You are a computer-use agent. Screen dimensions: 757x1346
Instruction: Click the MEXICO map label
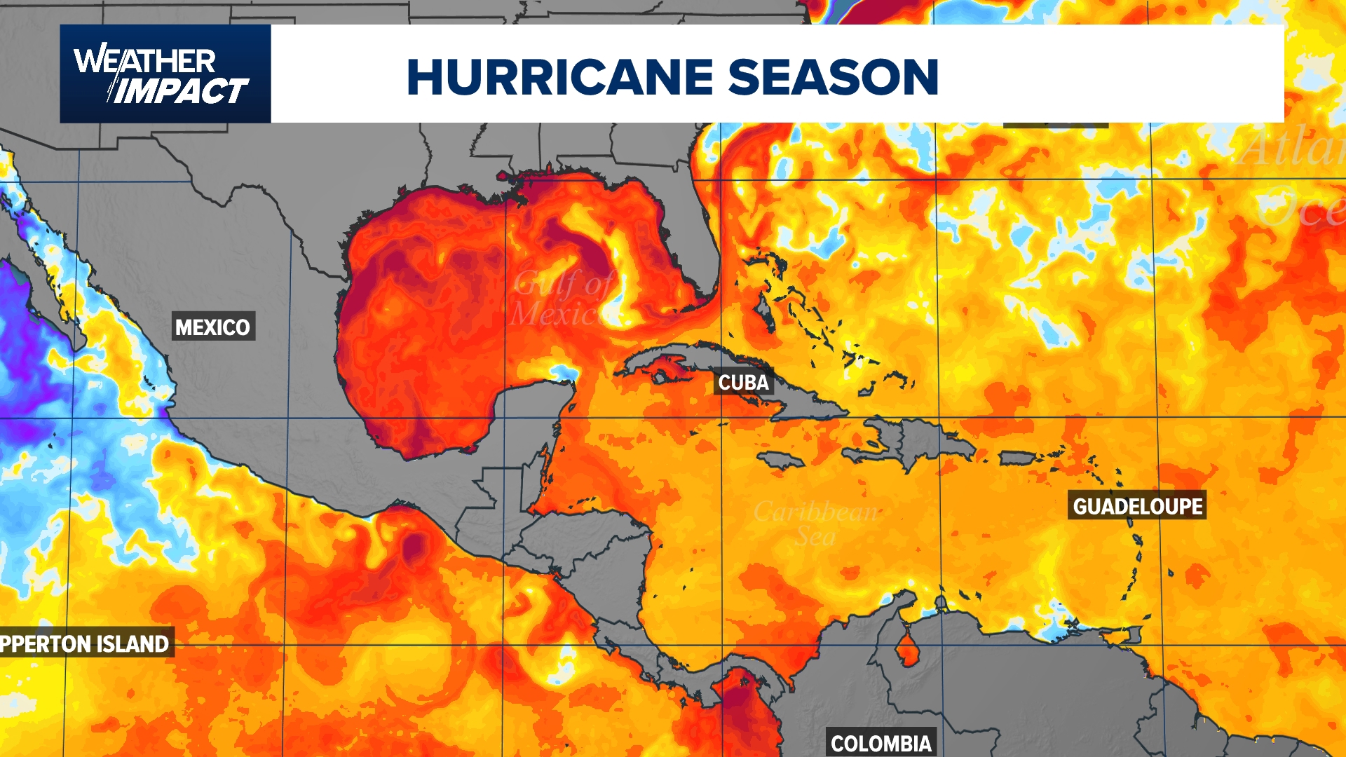coord(212,327)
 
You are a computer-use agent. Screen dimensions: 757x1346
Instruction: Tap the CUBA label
coord(743,383)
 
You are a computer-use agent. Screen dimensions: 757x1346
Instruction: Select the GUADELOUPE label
coord(1137,506)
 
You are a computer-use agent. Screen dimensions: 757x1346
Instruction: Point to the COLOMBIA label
coord(881,743)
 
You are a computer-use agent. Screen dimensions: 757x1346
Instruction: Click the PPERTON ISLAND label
coord(86,643)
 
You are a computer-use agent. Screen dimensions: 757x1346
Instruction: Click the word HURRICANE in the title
coord(559,77)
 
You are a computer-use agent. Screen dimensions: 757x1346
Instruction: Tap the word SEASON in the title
coord(834,77)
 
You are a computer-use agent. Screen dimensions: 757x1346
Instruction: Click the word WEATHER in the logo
coord(144,61)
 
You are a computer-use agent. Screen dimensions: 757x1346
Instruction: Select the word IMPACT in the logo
coord(181,92)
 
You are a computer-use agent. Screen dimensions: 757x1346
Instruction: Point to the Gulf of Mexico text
coord(561,299)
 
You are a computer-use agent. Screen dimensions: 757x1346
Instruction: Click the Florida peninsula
coord(691,231)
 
